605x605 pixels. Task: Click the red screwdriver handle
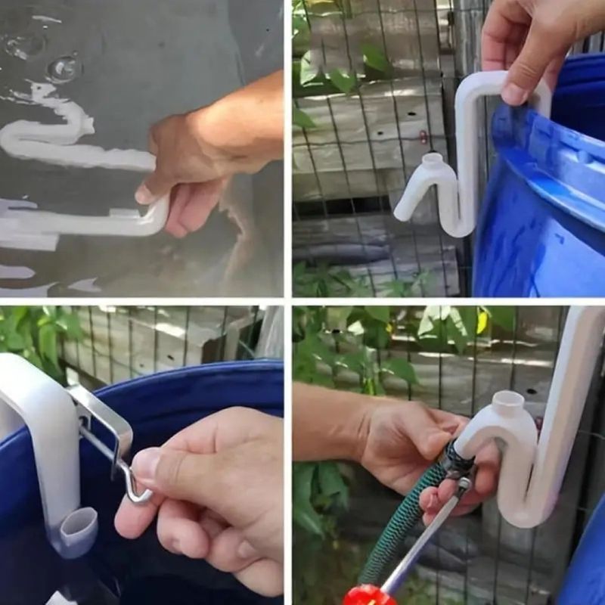[x=368, y=595]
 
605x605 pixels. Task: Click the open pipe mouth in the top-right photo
[x=432, y=160]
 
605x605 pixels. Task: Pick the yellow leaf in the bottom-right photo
[x=482, y=322]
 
